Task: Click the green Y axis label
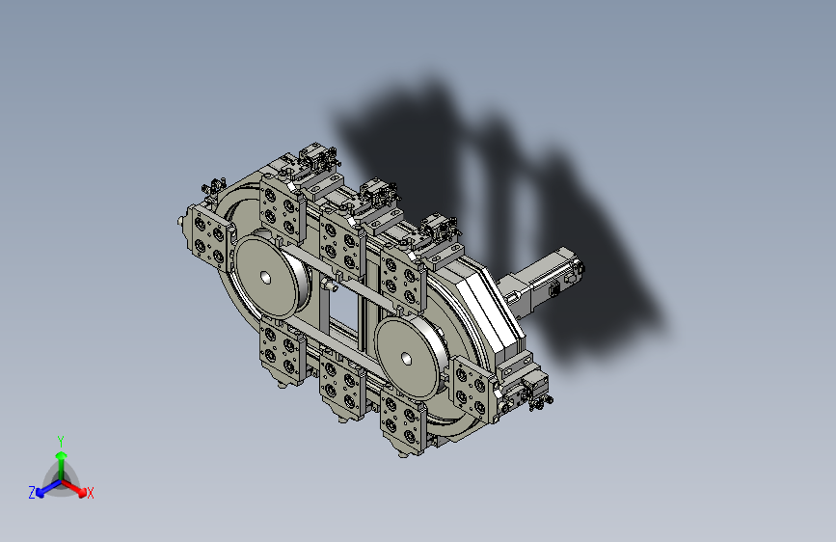point(61,440)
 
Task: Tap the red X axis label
point(91,493)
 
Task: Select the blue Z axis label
point(32,493)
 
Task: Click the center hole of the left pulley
point(264,278)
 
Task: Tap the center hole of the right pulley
point(406,359)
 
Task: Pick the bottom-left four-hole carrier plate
point(282,351)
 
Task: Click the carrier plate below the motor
point(472,390)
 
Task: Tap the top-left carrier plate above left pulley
point(281,209)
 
